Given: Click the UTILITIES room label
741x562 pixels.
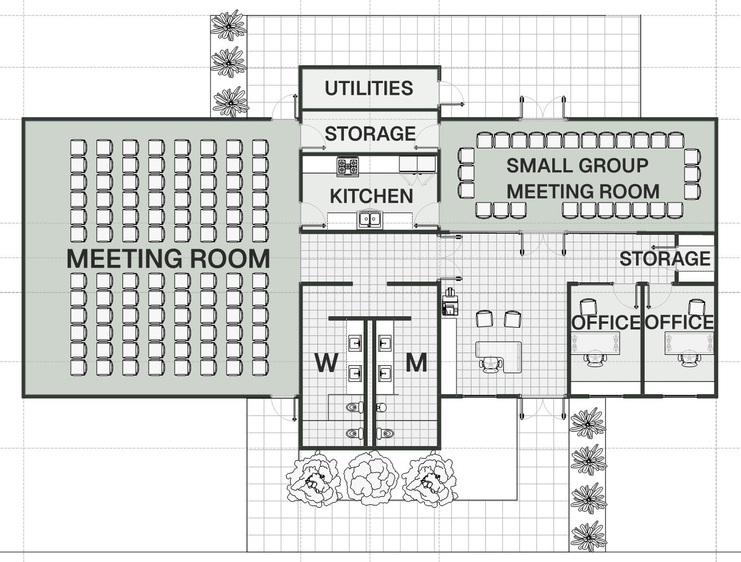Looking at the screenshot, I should (x=369, y=88).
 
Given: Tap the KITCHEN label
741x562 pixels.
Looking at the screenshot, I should (x=371, y=196).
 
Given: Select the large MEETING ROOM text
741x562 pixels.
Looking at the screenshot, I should (x=169, y=259).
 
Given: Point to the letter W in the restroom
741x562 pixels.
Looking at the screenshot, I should (x=326, y=363).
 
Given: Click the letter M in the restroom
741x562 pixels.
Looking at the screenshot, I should (x=416, y=363).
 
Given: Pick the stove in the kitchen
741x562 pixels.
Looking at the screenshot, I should (x=347, y=166).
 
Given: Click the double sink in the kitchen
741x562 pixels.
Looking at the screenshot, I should (x=370, y=219).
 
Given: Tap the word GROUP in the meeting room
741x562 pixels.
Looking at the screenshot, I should (x=615, y=166).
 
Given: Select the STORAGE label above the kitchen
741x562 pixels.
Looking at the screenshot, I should (x=370, y=134).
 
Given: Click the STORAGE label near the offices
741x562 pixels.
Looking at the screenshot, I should (x=665, y=258).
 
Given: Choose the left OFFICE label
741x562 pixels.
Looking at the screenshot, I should (x=606, y=323).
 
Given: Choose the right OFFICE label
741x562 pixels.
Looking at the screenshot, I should (x=679, y=322).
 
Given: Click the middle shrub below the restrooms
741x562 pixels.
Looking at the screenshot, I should (x=371, y=478).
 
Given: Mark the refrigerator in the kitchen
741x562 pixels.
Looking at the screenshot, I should (x=417, y=164).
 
